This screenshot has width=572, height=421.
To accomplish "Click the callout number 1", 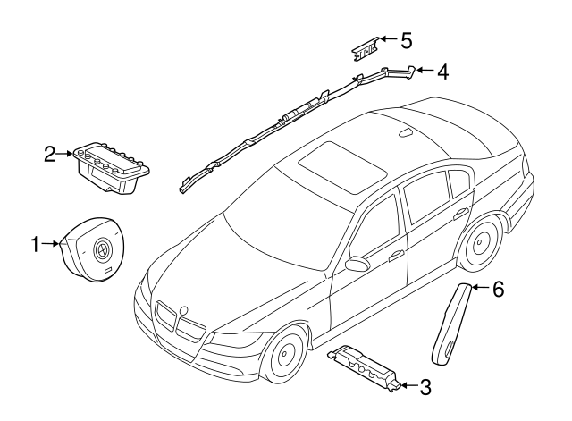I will click(36, 243).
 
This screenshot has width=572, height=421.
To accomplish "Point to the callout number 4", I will click(442, 71).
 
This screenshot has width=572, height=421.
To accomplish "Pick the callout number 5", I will click(406, 40).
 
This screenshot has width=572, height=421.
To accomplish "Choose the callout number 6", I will click(498, 289).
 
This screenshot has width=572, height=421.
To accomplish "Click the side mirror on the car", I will click(357, 264).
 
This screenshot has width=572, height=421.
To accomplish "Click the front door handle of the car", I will click(396, 256).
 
